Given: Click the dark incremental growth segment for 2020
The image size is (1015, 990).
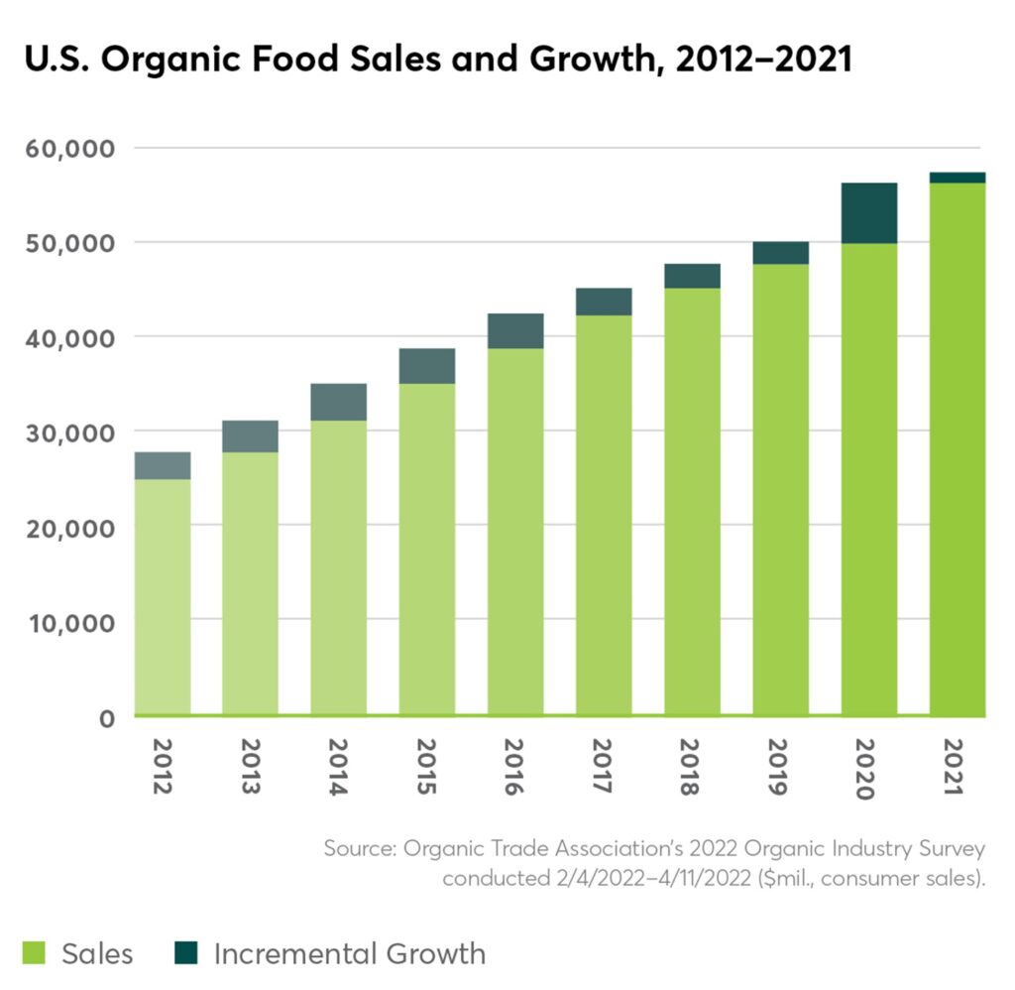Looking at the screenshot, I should [x=868, y=213].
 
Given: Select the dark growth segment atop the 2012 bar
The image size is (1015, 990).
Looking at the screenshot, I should [x=163, y=465].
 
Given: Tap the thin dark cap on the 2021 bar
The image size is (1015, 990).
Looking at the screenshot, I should [x=958, y=178].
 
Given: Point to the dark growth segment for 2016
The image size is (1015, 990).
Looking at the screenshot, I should [x=515, y=330].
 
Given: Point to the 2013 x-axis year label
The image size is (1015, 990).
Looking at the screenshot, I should [x=250, y=766].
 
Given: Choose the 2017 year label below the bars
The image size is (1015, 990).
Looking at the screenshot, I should [x=604, y=766].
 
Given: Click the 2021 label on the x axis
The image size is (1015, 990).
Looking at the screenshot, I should [x=958, y=766].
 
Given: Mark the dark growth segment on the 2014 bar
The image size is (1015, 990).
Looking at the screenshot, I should [x=339, y=402].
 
